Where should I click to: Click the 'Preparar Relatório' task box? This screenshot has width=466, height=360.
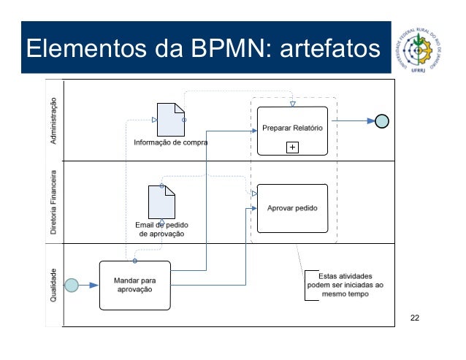click(x=292, y=129)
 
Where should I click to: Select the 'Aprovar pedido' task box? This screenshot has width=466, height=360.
click(x=292, y=208)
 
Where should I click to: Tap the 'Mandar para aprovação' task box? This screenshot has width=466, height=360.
click(x=134, y=284)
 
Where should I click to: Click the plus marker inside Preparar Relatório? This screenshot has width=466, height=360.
click(x=292, y=148)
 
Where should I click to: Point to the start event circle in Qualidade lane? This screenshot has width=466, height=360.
click(x=72, y=285)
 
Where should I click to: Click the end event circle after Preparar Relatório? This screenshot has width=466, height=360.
click(x=381, y=121)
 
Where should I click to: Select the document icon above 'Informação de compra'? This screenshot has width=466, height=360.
click(x=170, y=118)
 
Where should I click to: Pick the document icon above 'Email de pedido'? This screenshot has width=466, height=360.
click(x=161, y=202)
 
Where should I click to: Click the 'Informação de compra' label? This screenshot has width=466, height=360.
click(x=170, y=143)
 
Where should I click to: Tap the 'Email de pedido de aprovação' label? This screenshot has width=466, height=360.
click(x=160, y=229)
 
